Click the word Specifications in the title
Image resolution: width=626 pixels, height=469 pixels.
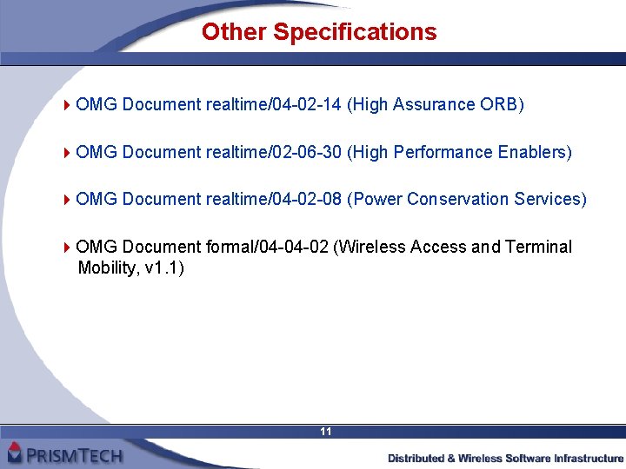pos(355,32)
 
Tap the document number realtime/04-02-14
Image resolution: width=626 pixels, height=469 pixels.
pos(274,105)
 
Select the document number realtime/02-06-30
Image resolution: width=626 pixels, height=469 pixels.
pos(274,153)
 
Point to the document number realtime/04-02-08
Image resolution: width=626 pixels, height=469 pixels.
pos(274,200)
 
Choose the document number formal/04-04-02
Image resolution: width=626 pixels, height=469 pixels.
pos(268,248)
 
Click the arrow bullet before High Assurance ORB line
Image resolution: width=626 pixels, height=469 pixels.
pos(68,105)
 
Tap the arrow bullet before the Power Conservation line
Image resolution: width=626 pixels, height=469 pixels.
pos(68,200)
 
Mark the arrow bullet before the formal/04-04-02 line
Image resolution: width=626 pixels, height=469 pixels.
pos(68,248)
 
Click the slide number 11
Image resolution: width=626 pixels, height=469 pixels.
pos(326,432)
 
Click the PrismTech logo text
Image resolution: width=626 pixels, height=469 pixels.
pos(74,453)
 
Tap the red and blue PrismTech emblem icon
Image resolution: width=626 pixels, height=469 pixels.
pos(14,452)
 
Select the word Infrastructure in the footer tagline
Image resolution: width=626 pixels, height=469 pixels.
pos(589,458)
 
